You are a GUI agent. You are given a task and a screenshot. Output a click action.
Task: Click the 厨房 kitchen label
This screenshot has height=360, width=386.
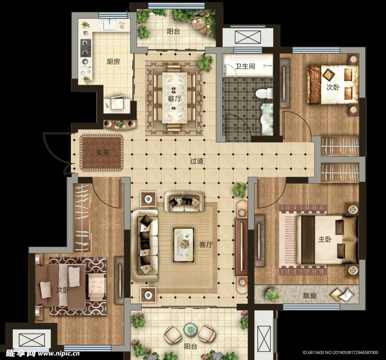(x=113, y=61)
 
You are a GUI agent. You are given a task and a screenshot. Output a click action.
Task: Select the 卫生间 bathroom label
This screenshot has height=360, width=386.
(x=245, y=66)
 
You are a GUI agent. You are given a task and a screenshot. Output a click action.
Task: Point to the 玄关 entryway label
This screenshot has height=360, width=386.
(x=103, y=153)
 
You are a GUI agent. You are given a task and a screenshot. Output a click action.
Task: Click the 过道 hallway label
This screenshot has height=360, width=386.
(x=197, y=161)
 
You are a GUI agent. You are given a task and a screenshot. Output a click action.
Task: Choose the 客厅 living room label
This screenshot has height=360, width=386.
(x=206, y=244)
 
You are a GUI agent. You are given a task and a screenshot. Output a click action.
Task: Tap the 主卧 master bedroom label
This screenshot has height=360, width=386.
(x=325, y=239)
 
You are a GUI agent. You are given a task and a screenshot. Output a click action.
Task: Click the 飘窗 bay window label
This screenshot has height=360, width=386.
(x=309, y=295)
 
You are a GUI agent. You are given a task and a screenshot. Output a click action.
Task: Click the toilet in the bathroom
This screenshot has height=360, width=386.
(x=264, y=94)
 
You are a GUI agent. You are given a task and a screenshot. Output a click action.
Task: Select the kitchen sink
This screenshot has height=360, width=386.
(x=110, y=25)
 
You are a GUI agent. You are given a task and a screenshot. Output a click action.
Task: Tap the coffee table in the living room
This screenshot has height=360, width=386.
(x=184, y=245)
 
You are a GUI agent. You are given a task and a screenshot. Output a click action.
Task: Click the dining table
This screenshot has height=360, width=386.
(x=175, y=98)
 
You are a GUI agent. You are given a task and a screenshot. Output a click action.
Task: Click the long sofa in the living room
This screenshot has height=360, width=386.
(x=144, y=245)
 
